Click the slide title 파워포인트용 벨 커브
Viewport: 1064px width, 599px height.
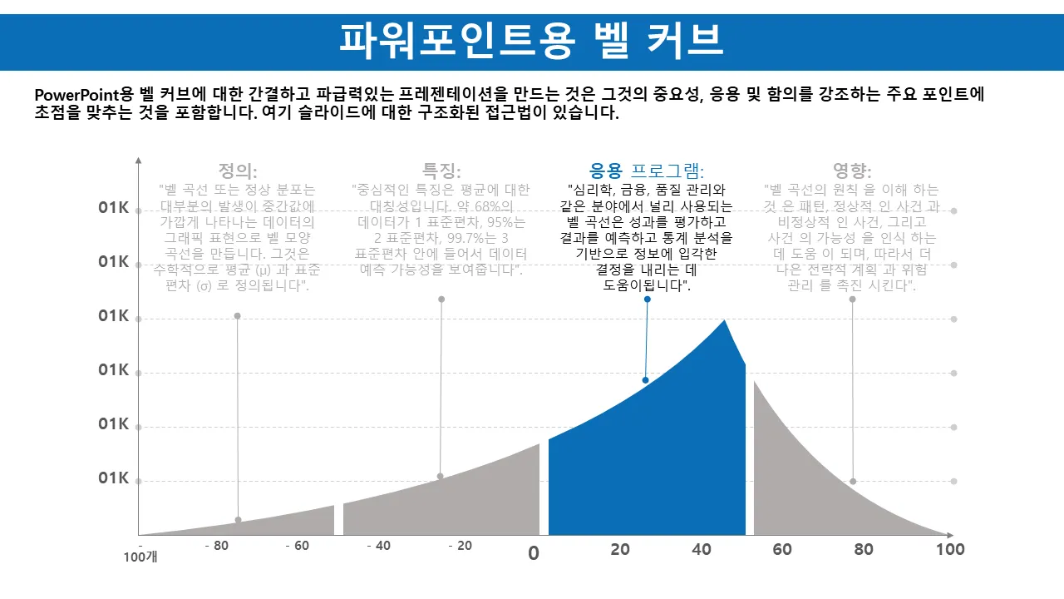[x=531, y=39]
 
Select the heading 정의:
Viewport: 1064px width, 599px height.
[x=238, y=171]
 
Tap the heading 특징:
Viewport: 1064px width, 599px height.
[x=441, y=171]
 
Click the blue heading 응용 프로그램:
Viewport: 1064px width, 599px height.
[x=647, y=171]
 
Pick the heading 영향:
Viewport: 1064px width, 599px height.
[x=852, y=171]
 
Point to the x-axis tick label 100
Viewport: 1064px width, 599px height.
[x=950, y=549]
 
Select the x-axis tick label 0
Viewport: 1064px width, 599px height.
[x=534, y=552]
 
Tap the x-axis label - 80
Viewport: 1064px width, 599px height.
[x=216, y=547]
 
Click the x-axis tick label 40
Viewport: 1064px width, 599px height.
[x=702, y=549]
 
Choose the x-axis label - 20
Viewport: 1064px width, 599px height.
[x=460, y=547]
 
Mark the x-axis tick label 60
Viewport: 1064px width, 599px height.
[x=782, y=549]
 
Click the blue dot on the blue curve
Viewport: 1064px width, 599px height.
[x=645, y=380]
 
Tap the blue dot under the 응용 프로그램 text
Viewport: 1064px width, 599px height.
[x=648, y=299]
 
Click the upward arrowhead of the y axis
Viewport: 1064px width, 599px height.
[x=139, y=159]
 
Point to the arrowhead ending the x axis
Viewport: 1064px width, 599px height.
[x=948, y=535]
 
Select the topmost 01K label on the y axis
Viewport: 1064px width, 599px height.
[x=113, y=208]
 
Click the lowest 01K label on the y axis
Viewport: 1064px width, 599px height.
[x=113, y=478]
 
